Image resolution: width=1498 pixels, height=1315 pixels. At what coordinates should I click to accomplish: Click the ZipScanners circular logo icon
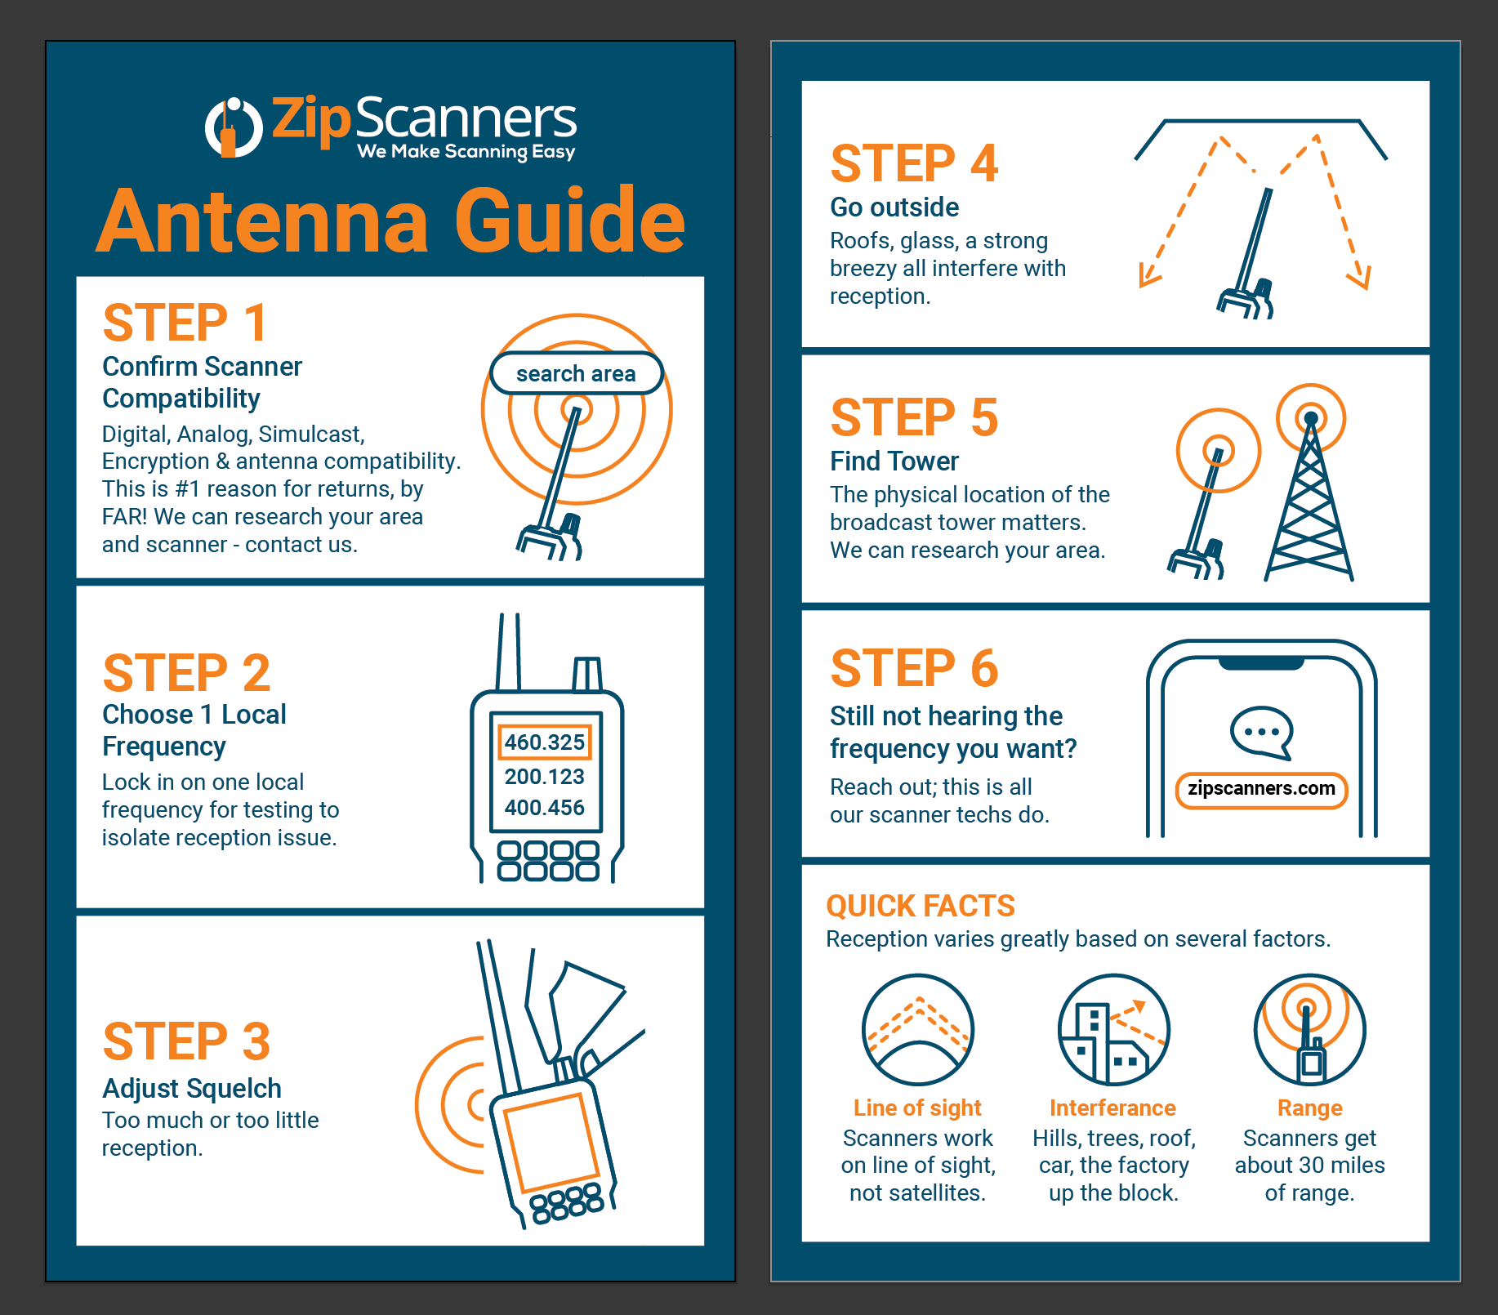(x=233, y=127)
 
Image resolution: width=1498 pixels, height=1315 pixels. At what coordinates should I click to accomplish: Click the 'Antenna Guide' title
(x=390, y=221)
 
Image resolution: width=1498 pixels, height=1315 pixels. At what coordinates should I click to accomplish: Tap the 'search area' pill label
(x=576, y=374)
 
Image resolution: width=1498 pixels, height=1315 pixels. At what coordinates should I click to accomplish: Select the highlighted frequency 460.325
(x=544, y=742)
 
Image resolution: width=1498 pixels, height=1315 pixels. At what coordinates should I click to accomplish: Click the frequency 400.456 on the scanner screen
(x=544, y=808)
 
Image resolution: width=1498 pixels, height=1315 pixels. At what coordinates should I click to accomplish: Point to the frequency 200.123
(x=544, y=776)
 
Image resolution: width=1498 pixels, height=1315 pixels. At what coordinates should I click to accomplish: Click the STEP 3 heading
(x=186, y=1041)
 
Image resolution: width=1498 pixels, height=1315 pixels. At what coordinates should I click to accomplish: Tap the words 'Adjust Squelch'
(x=191, y=1089)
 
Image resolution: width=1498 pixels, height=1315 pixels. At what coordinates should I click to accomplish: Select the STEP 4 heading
(x=914, y=163)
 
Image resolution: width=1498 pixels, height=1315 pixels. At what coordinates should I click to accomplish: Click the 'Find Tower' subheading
(x=894, y=461)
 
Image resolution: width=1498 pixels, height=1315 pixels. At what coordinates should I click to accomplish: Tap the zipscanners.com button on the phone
(x=1261, y=789)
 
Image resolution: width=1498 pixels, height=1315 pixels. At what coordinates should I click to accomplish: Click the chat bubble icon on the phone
(x=1261, y=732)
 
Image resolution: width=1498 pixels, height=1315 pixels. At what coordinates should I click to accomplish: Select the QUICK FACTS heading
(x=920, y=906)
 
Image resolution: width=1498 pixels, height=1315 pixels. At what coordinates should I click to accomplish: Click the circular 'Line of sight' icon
(x=917, y=1029)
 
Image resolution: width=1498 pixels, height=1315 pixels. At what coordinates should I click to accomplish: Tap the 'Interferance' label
(x=1112, y=1108)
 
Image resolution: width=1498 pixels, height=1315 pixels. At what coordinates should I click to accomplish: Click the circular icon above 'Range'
(x=1309, y=1029)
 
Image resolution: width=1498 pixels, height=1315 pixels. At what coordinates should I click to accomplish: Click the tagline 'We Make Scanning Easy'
(x=466, y=152)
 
